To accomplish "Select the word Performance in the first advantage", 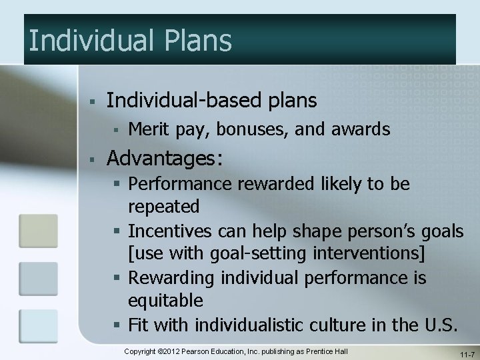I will tap(184, 183).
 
